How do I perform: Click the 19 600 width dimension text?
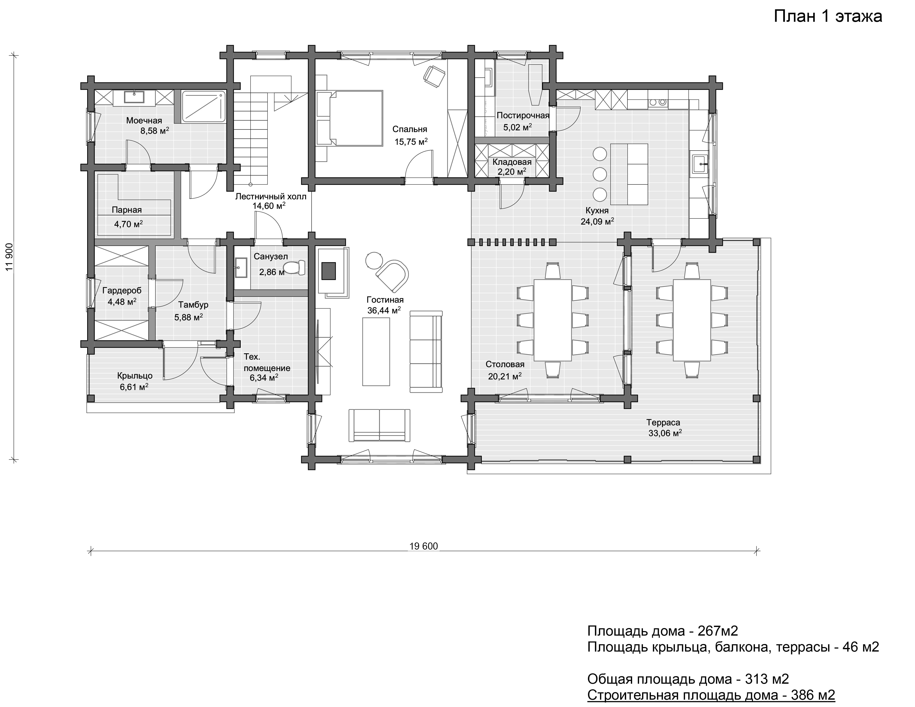pyautogui.click(x=424, y=546)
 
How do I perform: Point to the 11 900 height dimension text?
pyautogui.click(x=9, y=257)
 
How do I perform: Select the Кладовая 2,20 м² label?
pyautogui.click(x=512, y=167)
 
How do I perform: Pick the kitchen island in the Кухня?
pyautogui.click(x=629, y=174)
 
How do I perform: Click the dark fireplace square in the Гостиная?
pyautogui.click(x=328, y=270)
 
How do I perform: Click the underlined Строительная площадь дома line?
pyautogui.click(x=711, y=695)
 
